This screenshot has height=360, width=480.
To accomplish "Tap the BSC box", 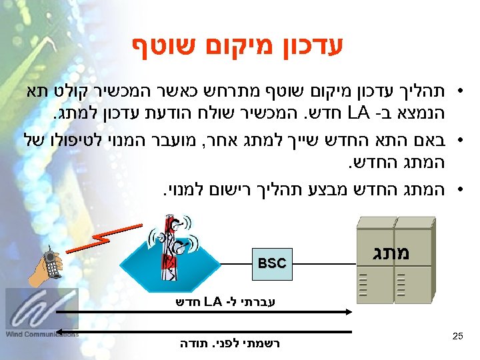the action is pos(272,263).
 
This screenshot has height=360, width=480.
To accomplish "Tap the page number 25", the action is pos(457,337).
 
